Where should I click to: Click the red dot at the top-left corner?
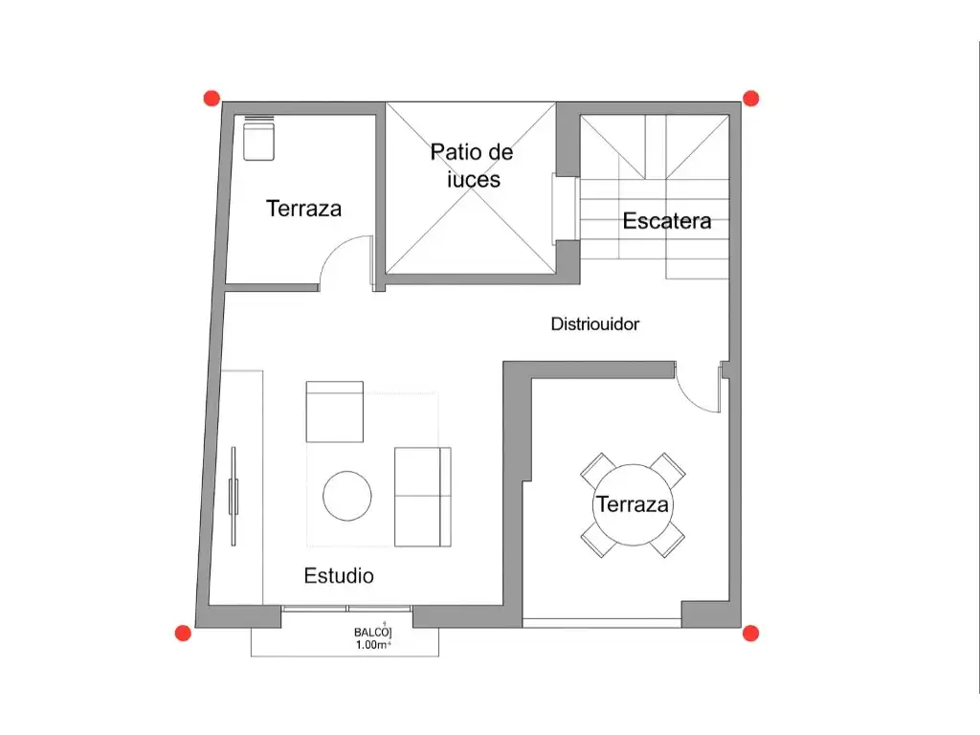coord(212,99)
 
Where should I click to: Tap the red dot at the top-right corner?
coord(750,99)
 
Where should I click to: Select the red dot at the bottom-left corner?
coord(183,634)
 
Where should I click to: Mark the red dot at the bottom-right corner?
coord(750,634)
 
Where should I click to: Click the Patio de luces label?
coord(472,166)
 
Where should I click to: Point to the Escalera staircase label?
coord(667,221)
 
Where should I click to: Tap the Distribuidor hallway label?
coord(595,323)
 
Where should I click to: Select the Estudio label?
coord(339,575)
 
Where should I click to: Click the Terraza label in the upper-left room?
coord(303,208)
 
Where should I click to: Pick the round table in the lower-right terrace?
coord(633,504)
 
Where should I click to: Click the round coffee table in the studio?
coord(347,497)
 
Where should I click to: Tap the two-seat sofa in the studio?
coord(423,497)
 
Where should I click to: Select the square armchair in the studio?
coord(334,412)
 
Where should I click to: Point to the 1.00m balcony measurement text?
coord(373,645)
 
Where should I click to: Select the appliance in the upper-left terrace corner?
coord(258,139)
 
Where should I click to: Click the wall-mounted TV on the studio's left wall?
coord(234,497)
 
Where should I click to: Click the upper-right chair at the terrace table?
coord(667,470)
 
